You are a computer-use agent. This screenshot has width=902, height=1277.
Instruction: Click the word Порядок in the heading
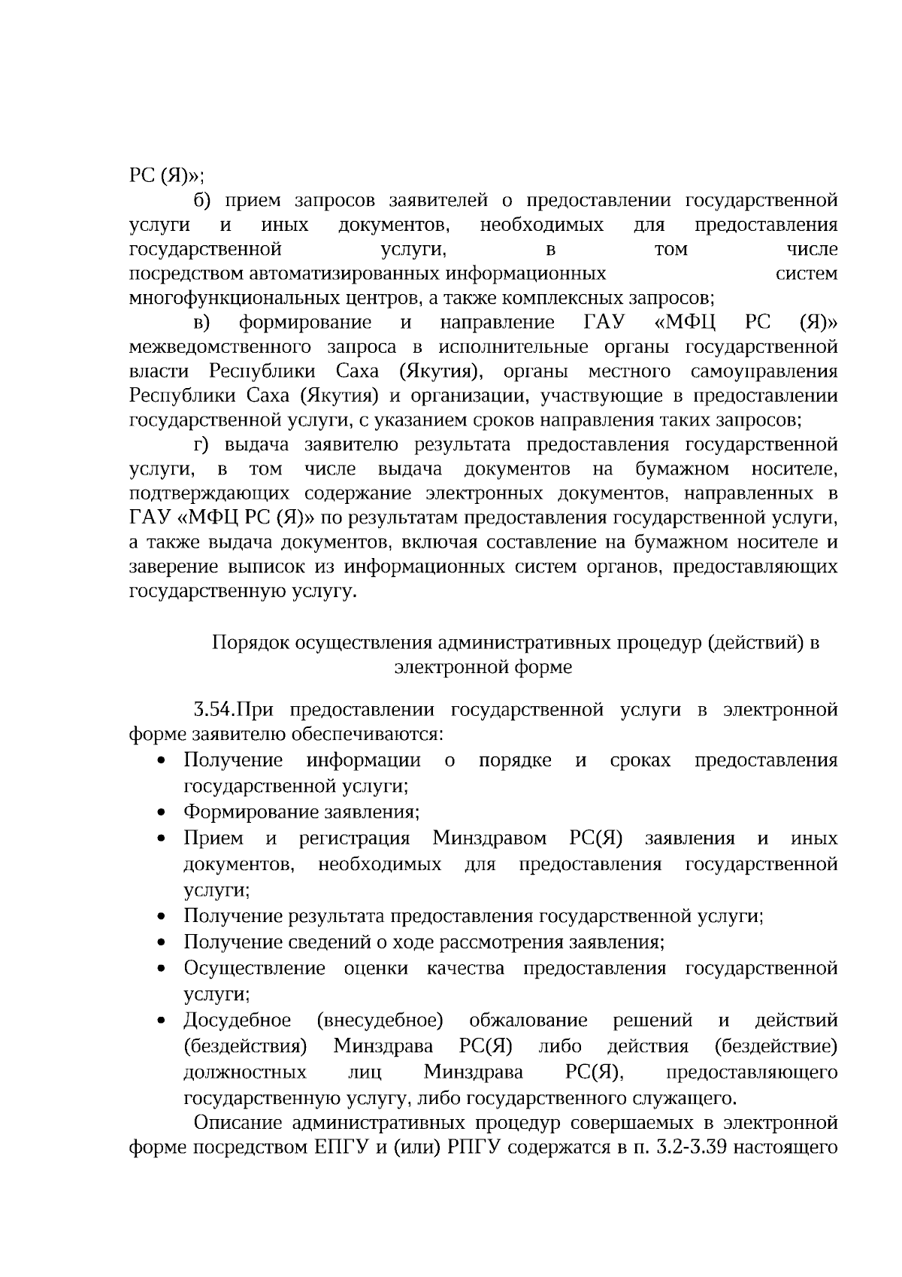(250, 643)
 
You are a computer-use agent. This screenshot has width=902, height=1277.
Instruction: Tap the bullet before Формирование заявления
(162, 813)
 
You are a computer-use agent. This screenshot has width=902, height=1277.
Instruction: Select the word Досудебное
(237, 1021)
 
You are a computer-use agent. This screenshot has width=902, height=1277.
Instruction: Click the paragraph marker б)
(204, 201)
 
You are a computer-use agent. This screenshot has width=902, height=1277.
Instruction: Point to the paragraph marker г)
(203, 444)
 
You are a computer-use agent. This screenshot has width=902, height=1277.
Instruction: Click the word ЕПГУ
(334, 1148)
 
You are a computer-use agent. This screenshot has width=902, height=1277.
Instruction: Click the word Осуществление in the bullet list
(254, 968)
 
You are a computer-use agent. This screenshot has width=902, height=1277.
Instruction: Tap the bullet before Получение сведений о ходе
(162, 943)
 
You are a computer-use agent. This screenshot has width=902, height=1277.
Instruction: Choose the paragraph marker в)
(201, 323)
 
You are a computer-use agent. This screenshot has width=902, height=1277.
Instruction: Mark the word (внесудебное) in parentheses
(380, 1021)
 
